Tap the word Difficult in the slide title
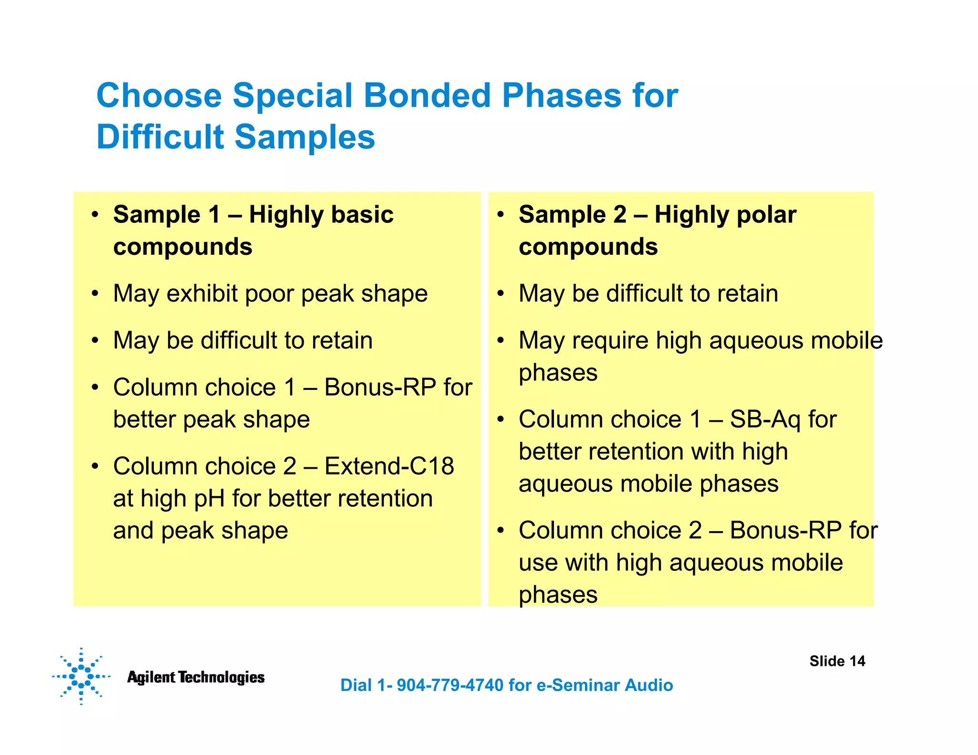160,137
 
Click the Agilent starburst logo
81,676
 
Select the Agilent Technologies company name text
196,677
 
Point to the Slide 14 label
837,661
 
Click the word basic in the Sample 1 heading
362,214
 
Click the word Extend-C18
389,466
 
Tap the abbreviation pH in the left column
209,499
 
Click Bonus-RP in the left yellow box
380,387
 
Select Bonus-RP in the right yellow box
786,531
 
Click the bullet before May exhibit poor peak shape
96,294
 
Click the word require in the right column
610,341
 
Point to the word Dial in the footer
356,685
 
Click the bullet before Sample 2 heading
500,215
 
